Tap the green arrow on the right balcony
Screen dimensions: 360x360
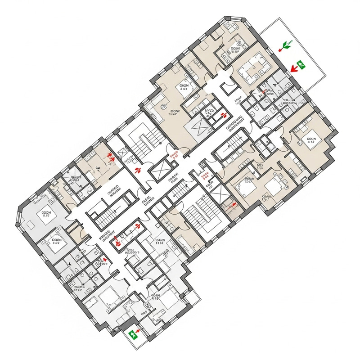click(286, 45)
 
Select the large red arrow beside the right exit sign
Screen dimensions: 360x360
click(294, 68)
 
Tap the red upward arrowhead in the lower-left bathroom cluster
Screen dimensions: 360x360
click(105, 260)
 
